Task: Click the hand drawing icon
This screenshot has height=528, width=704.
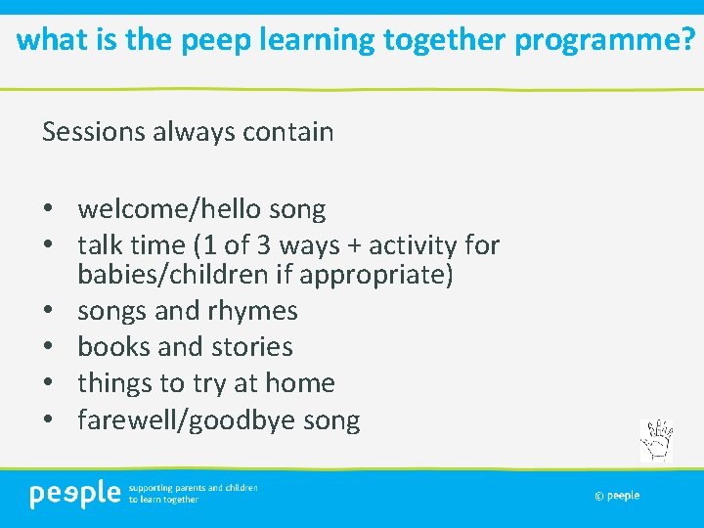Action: [656, 440]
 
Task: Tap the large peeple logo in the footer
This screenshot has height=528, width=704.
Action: [74, 494]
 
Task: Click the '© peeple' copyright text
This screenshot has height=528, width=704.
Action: [617, 496]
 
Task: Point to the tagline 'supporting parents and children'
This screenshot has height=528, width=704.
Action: [193, 487]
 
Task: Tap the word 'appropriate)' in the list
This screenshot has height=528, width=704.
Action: [376, 276]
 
